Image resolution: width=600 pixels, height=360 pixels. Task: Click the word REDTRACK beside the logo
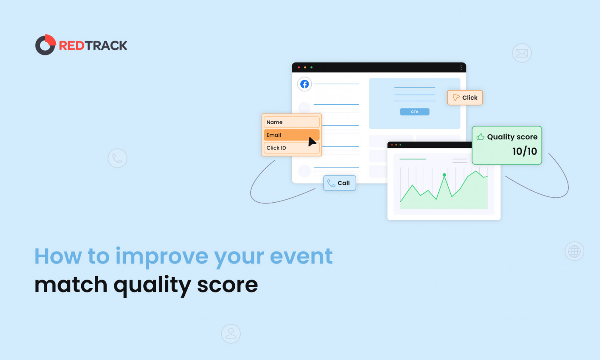[x=93, y=46]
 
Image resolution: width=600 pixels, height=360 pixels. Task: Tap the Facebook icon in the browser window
[x=305, y=84]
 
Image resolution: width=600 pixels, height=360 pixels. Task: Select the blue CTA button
[x=414, y=112]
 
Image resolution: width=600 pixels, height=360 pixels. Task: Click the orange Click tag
[x=465, y=98]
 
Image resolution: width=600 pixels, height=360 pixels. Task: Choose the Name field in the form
[x=291, y=122]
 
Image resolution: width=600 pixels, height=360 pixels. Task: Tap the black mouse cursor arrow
[x=312, y=142]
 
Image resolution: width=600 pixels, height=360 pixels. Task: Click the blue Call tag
[x=339, y=183]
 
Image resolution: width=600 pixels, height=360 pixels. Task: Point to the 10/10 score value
[x=524, y=151]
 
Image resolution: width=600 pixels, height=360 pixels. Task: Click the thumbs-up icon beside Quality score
[x=480, y=137]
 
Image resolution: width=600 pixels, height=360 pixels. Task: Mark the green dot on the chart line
[x=444, y=175]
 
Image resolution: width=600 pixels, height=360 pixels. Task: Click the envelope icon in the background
[x=522, y=53]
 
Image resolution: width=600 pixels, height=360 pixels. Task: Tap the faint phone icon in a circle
[x=117, y=158]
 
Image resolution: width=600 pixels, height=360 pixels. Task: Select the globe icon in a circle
[x=574, y=251]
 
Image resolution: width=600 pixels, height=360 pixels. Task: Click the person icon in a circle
[x=231, y=334]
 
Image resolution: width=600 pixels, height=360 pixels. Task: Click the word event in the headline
[x=301, y=257]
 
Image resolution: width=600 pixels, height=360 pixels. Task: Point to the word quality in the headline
[x=152, y=285]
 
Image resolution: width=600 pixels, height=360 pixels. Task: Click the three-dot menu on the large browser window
[x=461, y=68]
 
